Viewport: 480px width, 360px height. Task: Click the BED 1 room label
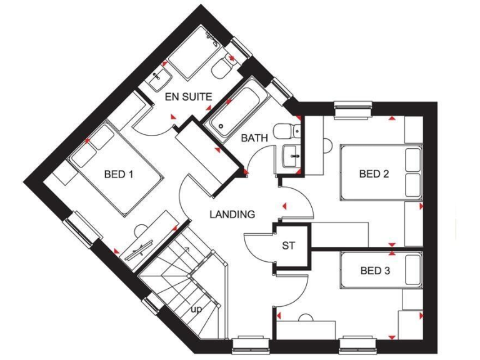(118, 174)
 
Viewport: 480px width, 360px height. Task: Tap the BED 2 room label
(374, 174)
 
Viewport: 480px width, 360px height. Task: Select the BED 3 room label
(375, 271)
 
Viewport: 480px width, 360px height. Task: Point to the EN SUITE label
(188, 97)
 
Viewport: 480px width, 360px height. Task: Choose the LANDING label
(232, 214)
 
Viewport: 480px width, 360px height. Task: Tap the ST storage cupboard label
(288, 246)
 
